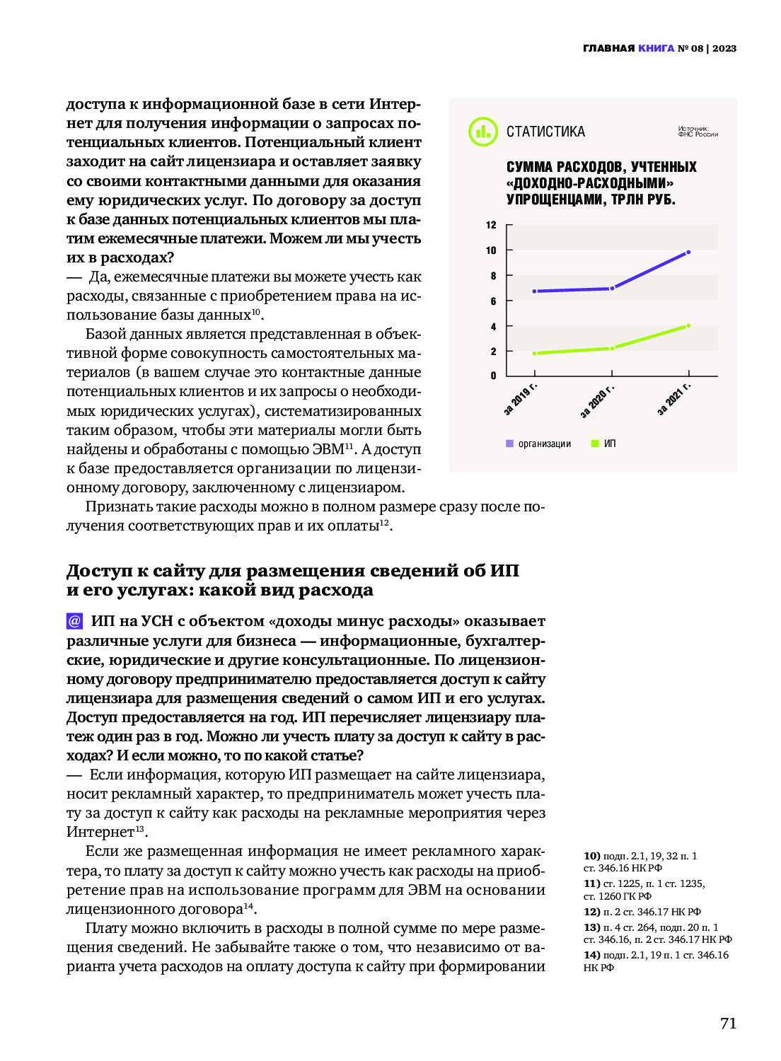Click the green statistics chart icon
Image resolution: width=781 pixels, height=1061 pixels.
pos(483,132)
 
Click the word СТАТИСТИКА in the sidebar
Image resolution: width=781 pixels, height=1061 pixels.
pos(545,132)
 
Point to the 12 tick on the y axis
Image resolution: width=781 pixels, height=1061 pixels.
pos(491,226)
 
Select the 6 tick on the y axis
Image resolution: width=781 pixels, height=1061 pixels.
pos(493,301)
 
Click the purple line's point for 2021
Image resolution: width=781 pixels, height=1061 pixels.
pos(688,252)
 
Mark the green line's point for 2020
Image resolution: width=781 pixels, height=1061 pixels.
pos(612,348)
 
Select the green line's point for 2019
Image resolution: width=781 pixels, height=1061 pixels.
pos(535,353)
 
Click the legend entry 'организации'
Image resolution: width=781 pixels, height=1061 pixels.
pos(544,444)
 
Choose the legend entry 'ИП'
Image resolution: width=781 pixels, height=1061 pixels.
pos(609,444)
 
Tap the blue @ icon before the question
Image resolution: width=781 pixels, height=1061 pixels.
pos(74,621)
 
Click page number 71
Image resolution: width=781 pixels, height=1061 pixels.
pos(728,1024)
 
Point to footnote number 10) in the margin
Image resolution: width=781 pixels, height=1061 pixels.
pos(591,856)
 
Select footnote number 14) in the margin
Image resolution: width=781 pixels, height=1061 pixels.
pos(591,955)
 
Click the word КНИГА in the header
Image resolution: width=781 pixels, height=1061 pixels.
pos(656,49)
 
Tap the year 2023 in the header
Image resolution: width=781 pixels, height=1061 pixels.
pos(724,49)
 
